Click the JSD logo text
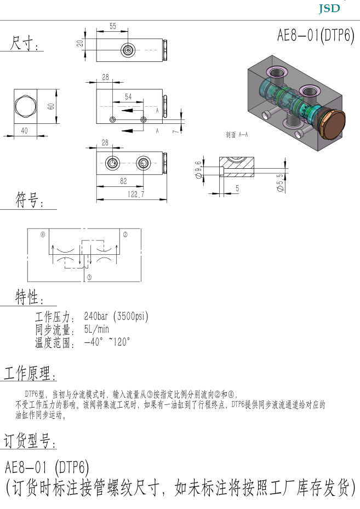[x=329, y=8]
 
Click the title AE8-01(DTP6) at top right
[x=316, y=35]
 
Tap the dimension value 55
[x=113, y=26]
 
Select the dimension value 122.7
[x=136, y=194]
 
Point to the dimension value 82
[x=123, y=181]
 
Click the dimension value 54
[x=128, y=97]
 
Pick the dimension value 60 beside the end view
[x=51, y=106]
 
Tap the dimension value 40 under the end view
[x=24, y=130]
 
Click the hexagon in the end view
[x=25, y=106]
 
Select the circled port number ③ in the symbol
[x=89, y=277]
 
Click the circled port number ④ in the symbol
[x=43, y=235]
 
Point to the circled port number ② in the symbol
[x=125, y=235]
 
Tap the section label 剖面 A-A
[x=237, y=134]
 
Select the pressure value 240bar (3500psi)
[x=116, y=316]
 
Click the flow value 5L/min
[x=96, y=329]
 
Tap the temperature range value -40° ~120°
[x=107, y=342]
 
